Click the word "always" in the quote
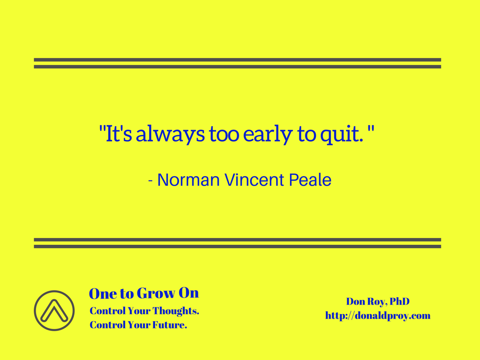(x=170, y=134)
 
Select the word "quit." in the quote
(x=342, y=134)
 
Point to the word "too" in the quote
(x=224, y=134)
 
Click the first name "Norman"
(x=188, y=180)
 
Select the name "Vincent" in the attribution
(x=255, y=180)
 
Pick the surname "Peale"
(x=310, y=180)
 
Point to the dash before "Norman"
(x=150, y=181)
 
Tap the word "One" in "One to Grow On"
(x=103, y=293)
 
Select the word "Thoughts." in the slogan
(x=176, y=311)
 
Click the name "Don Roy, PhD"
(x=378, y=301)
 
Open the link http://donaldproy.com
(x=378, y=315)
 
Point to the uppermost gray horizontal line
(x=237, y=60)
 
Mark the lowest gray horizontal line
(x=237, y=247)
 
